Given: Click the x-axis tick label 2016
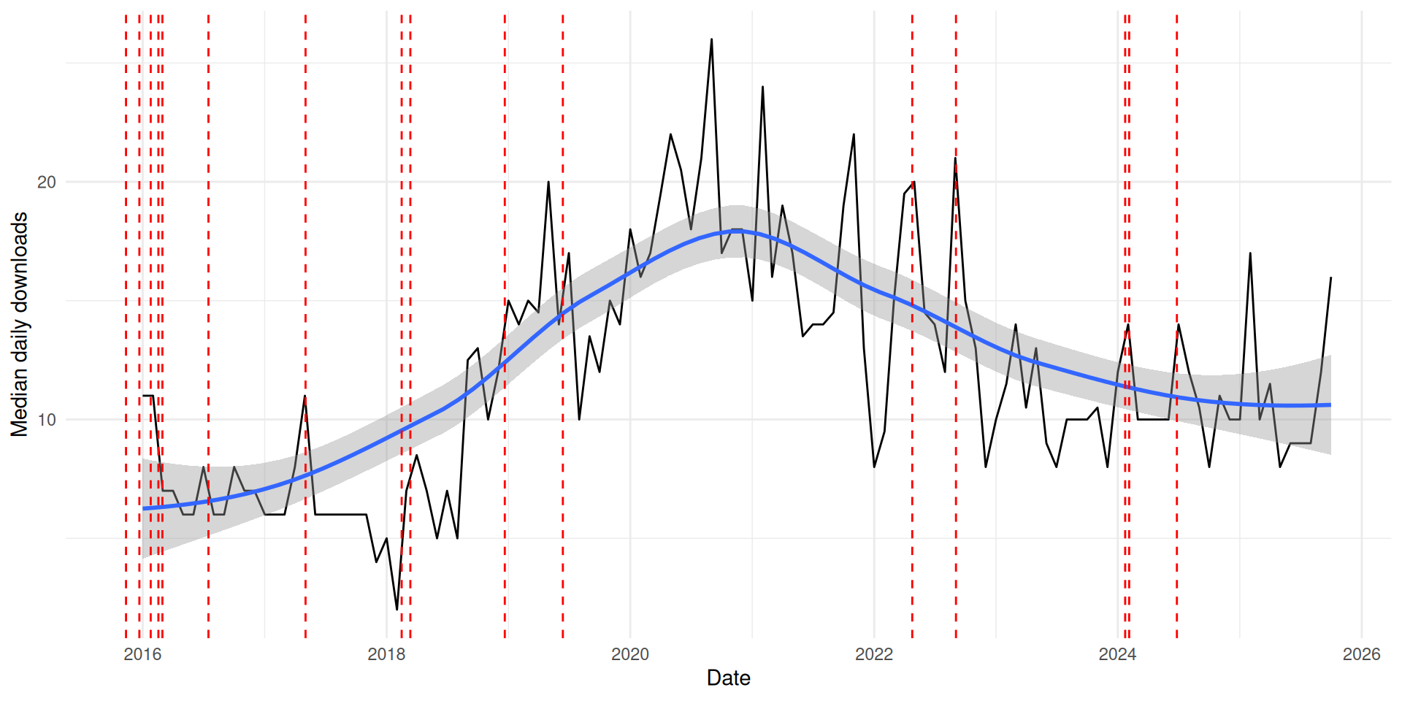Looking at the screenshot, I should click(142, 654).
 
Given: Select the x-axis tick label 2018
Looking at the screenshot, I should click(386, 654).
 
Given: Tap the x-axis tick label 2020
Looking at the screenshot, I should click(629, 654).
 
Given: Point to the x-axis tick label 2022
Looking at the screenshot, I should click(873, 654).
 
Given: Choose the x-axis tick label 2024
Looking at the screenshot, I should click(1117, 654).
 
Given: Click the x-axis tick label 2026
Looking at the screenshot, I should click(1361, 654).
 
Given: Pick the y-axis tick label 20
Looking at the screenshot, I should click(46, 182).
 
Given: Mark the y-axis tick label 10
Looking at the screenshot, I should click(46, 420).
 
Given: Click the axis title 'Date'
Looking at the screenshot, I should click(728, 678).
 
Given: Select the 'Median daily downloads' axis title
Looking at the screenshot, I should click(19, 325).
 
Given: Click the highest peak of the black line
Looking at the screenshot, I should click(711, 39).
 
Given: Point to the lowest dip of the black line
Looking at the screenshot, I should click(397, 609).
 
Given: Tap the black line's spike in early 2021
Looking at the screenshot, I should click(762, 87).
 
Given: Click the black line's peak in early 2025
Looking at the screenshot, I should click(1250, 253).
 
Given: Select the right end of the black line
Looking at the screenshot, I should click(1330, 277).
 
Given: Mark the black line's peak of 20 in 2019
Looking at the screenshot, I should click(548, 182).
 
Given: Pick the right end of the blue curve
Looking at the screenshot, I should click(1330, 405).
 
